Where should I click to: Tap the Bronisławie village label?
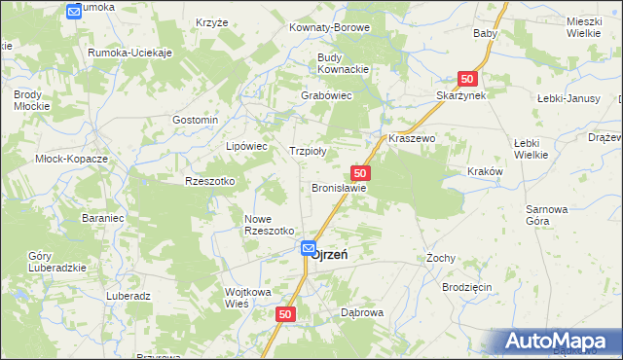tap(338, 188)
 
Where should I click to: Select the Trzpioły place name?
tap(308, 151)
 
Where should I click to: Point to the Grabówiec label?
tap(325, 96)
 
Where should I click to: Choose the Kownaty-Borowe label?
tap(329, 28)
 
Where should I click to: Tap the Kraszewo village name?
tap(412, 139)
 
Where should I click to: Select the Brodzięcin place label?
tap(466, 290)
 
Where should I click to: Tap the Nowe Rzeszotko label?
tap(269, 225)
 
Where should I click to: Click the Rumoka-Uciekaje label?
tap(129, 53)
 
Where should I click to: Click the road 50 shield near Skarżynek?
tap(468, 78)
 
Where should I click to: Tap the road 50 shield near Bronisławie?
tap(359, 172)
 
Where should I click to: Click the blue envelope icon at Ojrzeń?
tap(308, 249)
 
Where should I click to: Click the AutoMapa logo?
tap(559, 342)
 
